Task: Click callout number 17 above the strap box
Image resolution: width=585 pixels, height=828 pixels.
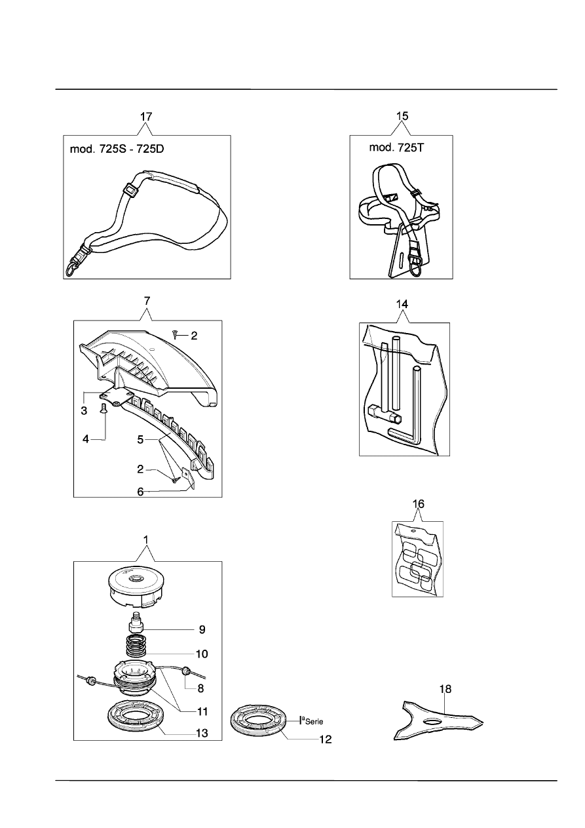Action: click(x=146, y=117)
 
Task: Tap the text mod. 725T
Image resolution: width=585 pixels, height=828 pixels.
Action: click(x=396, y=148)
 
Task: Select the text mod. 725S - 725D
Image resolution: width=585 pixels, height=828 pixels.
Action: click(x=117, y=149)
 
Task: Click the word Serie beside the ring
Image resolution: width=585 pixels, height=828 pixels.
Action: click(x=314, y=722)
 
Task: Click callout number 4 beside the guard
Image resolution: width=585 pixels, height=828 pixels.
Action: click(x=86, y=439)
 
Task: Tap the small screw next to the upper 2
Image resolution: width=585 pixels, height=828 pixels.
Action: click(x=175, y=335)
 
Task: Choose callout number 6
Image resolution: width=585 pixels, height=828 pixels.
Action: click(x=140, y=492)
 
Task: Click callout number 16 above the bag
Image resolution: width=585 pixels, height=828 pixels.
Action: click(x=418, y=504)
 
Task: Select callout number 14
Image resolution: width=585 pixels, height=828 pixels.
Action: click(x=402, y=304)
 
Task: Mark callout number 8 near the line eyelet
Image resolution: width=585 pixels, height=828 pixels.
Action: click(x=200, y=688)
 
